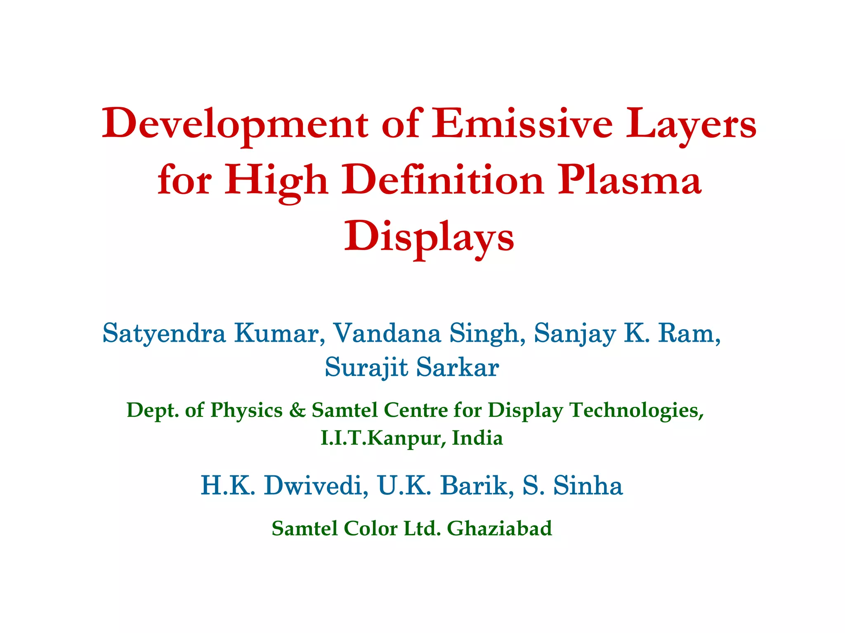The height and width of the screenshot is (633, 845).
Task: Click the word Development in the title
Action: [235, 124]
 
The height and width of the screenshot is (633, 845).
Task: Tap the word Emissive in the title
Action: [522, 124]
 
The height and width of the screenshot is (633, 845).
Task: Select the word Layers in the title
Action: [691, 124]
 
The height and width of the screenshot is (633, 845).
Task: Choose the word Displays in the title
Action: [429, 237]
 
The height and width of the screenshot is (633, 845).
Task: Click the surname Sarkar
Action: [458, 367]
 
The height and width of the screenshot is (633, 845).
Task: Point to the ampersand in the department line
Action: [297, 410]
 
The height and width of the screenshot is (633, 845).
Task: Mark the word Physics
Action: [246, 410]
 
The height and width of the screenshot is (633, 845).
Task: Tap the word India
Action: [477, 438]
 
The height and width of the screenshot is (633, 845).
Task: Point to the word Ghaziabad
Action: [499, 528]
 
